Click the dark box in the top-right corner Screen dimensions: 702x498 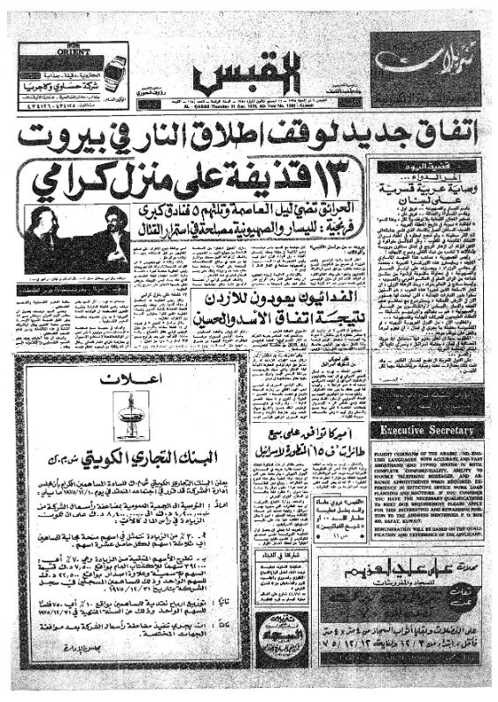pos(425,66)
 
